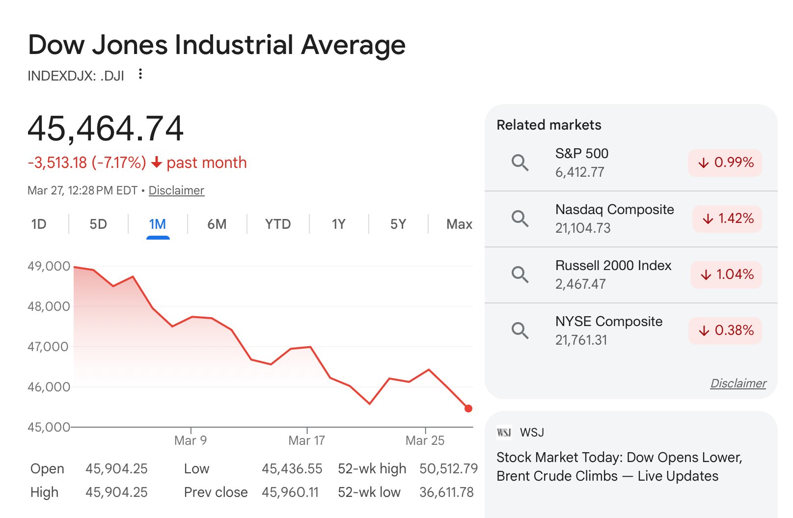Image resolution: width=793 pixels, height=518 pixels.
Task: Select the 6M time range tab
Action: [x=217, y=224]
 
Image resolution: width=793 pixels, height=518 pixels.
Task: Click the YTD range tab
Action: [x=278, y=224]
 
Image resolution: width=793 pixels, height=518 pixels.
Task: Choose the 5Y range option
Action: [x=398, y=224]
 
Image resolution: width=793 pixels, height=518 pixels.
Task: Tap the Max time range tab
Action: [x=459, y=224]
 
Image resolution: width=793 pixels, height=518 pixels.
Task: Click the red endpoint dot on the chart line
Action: [x=468, y=409]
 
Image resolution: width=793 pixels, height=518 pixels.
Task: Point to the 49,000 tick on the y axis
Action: [x=49, y=266]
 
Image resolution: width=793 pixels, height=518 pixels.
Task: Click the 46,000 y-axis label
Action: [x=49, y=387]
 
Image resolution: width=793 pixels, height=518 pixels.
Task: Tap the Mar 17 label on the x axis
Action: [x=307, y=440]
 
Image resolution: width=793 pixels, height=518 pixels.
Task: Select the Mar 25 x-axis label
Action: [x=425, y=440]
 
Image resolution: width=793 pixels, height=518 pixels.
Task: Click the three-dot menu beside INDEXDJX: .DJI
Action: [x=140, y=74]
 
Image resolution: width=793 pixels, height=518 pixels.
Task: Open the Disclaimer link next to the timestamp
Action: [x=176, y=191]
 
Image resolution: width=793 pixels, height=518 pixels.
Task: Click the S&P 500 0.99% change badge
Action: [x=725, y=163]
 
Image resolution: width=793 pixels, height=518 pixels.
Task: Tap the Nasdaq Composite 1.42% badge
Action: [x=727, y=218]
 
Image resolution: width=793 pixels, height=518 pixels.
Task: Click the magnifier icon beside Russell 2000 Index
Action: [x=520, y=274]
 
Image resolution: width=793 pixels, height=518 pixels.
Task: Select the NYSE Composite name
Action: [x=609, y=322]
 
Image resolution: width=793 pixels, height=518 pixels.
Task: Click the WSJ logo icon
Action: [x=504, y=432]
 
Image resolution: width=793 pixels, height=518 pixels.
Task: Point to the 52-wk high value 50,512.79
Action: [x=448, y=469]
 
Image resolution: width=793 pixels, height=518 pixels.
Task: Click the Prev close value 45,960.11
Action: [x=290, y=492]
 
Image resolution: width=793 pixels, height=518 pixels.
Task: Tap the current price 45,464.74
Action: [x=106, y=129]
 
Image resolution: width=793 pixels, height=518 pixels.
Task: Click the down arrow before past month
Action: [x=157, y=163]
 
